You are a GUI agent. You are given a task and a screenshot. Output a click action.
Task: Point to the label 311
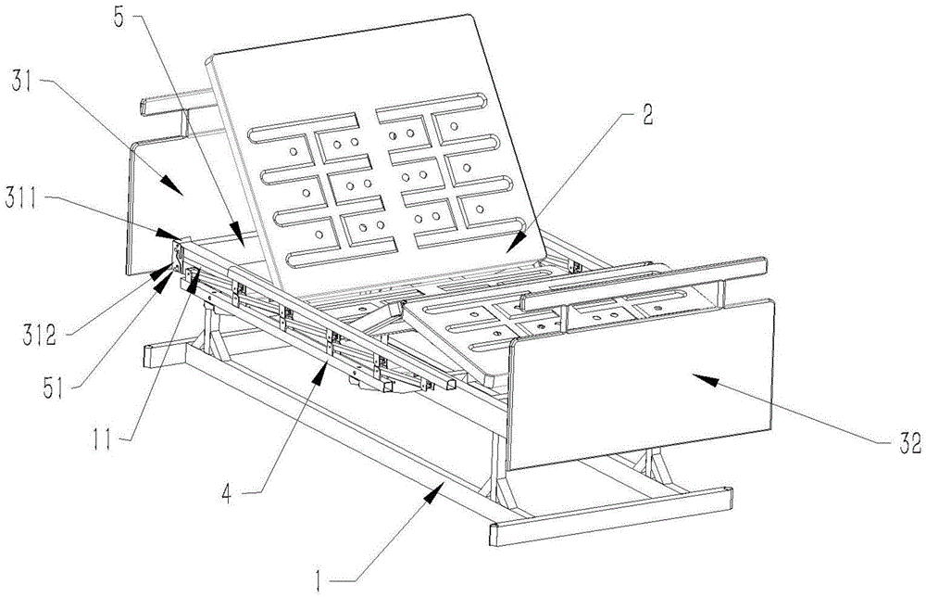(x=25, y=198)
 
